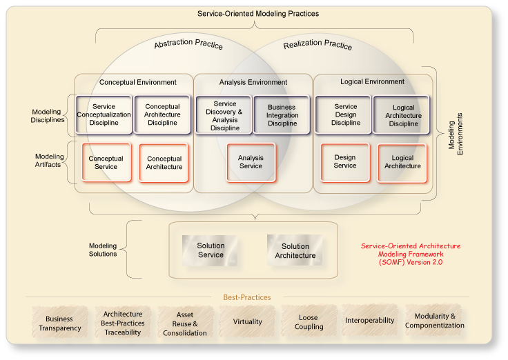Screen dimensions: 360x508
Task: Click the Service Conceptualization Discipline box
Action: coord(105,114)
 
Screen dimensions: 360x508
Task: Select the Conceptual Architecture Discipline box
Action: coord(163,114)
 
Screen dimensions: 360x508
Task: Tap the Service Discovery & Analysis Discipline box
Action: coord(224,115)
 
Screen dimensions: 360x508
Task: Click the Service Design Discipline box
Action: coord(345,114)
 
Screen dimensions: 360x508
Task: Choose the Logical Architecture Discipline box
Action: coord(403,114)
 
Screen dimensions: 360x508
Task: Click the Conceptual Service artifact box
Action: coord(106,163)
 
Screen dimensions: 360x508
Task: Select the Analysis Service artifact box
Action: coord(251,162)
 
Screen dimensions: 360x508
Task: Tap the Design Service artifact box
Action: coord(345,162)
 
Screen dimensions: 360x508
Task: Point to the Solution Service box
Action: coord(211,250)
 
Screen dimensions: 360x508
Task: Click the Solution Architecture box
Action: coord(295,250)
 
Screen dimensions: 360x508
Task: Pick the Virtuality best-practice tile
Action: coord(247,321)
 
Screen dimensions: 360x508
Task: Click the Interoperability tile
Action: coord(369,321)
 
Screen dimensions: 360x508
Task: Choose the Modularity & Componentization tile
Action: coord(435,321)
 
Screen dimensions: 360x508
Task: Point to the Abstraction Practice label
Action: coord(188,45)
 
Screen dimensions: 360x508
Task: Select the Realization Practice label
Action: coord(317,46)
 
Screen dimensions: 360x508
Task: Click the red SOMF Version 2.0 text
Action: coord(411,254)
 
